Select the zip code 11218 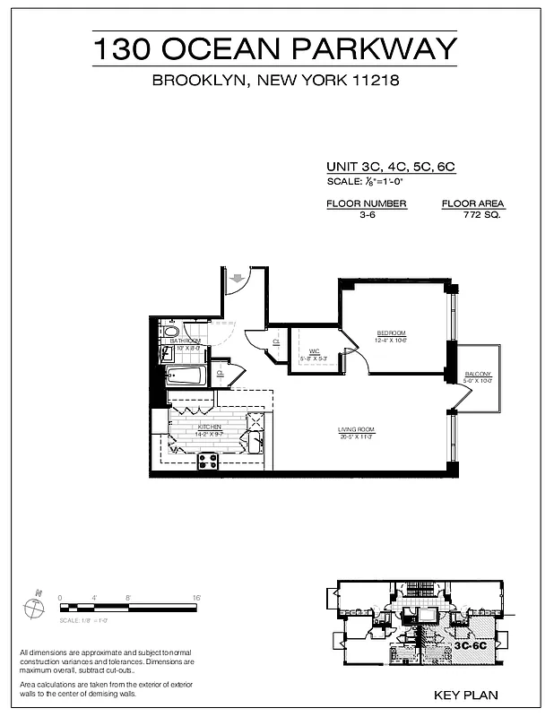[x=372, y=81]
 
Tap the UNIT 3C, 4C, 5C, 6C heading [x=392, y=167]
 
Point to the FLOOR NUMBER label [x=366, y=203]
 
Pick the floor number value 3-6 [x=366, y=216]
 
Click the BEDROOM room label [x=391, y=333]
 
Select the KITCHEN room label [x=209, y=428]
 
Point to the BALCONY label [x=478, y=374]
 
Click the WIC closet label [x=315, y=351]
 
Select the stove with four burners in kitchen [x=208, y=462]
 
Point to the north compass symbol [x=34, y=608]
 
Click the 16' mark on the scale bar [x=195, y=597]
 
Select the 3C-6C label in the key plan [x=470, y=644]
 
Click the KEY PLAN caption [x=465, y=695]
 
